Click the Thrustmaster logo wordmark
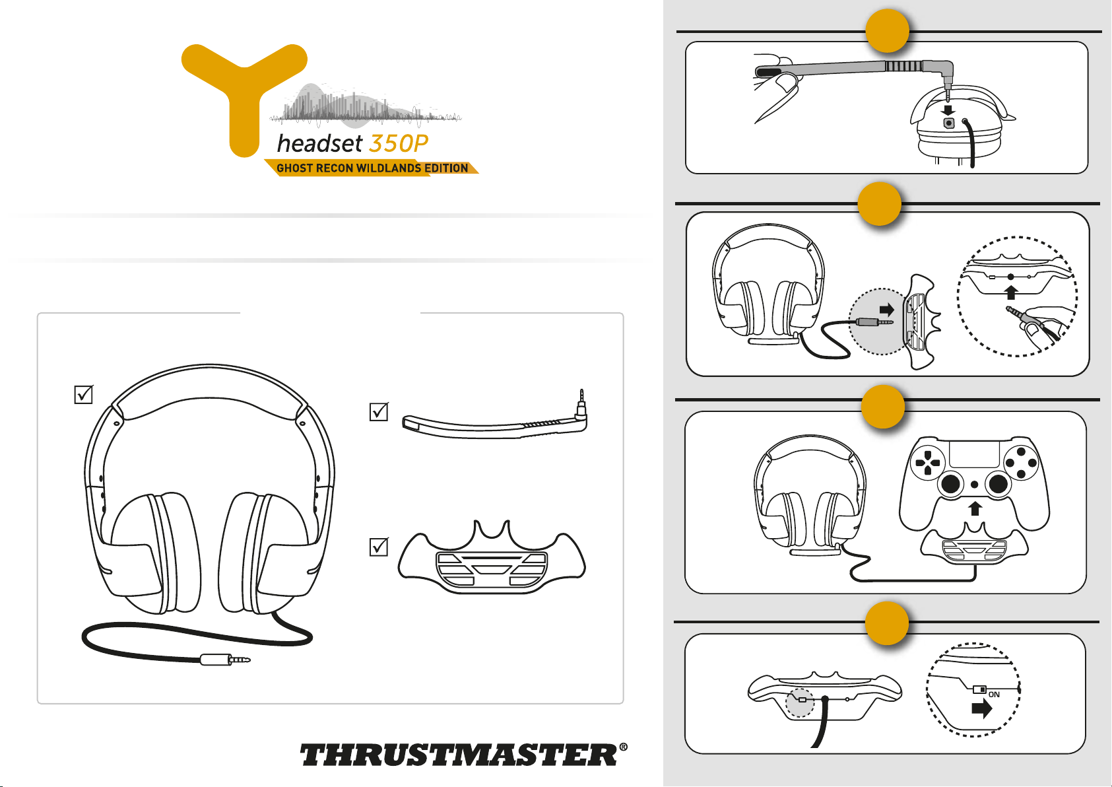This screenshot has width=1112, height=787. click(463, 754)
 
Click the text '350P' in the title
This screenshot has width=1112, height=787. click(398, 144)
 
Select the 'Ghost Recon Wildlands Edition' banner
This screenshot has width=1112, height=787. click(372, 168)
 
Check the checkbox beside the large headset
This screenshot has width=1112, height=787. click(83, 394)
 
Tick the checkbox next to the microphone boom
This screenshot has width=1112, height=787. click(379, 411)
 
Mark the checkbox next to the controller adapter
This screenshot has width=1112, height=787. click(379, 547)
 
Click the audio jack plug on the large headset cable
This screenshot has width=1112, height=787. click(226, 660)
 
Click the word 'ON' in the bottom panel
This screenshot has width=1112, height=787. click(994, 695)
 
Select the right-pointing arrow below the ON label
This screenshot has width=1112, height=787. click(981, 708)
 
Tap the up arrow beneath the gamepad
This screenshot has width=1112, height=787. click(975, 508)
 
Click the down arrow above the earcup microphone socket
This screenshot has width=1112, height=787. click(948, 110)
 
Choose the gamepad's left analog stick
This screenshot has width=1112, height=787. click(950, 483)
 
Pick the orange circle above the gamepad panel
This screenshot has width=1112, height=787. click(883, 407)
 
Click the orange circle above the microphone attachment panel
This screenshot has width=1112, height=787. click(887, 31)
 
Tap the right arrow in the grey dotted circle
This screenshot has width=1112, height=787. click(886, 310)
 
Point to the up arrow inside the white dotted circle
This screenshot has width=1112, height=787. click(1011, 292)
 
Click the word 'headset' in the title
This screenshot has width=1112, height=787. click(319, 143)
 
